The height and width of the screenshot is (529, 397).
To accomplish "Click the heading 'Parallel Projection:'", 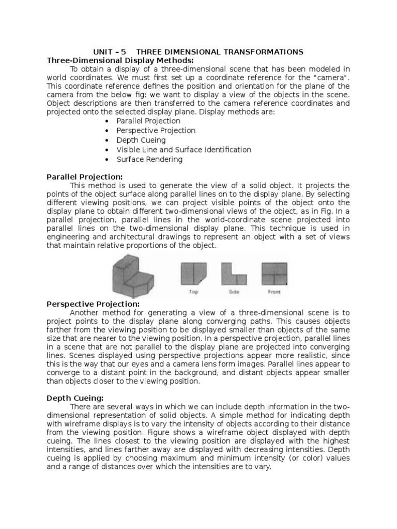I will (85, 176).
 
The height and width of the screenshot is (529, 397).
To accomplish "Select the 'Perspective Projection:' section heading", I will (93, 303).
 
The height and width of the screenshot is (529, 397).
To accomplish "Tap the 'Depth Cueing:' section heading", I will (75, 398).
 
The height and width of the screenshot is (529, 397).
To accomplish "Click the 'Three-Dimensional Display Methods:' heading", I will (120, 60).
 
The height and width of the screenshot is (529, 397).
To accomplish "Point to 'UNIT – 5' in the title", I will (109, 52).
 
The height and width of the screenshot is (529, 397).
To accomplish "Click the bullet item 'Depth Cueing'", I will (141, 140).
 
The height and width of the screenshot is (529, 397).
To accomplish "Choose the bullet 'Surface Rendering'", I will (149, 159).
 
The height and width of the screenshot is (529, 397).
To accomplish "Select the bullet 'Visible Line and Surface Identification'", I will (184, 150).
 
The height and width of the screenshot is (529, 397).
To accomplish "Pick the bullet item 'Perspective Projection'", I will (156, 131).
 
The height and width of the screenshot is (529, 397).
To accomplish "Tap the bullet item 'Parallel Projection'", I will (148, 121).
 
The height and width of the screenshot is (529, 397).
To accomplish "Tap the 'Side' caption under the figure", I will (235, 292).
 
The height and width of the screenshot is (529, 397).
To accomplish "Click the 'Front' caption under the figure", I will (274, 292).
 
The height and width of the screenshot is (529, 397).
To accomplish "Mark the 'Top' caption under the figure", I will (194, 292).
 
